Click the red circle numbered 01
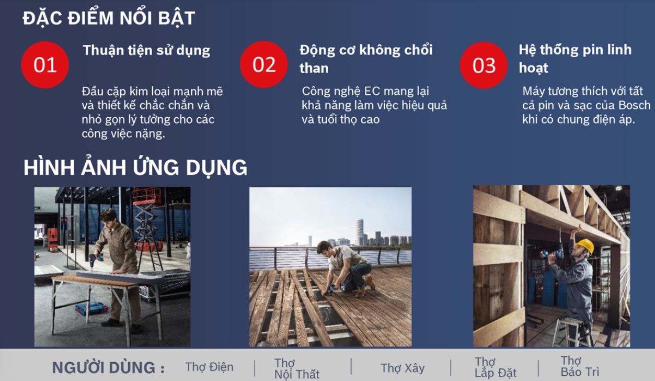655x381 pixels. point(45,65)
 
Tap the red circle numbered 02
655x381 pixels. point(264,64)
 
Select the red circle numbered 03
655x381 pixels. point(484,65)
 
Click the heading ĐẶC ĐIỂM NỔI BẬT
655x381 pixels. point(109,18)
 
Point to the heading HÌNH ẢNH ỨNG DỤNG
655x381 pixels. point(135,167)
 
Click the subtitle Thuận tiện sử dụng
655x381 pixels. point(146,51)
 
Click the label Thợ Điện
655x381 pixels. point(210,367)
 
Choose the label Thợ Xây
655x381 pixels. point(403,368)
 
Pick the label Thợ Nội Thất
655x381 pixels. point(297,368)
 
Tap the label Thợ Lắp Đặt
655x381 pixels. point(496,367)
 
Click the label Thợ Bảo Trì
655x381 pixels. point(580,366)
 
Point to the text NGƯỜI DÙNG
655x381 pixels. point(108,367)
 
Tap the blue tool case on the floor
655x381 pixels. point(91,308)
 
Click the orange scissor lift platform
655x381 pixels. point(147,196)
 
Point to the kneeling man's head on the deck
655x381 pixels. point(324,248)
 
